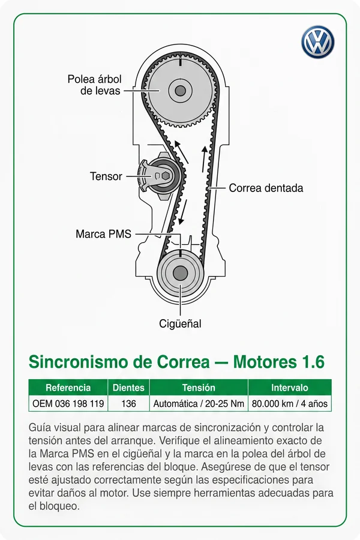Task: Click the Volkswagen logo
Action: point(317,41)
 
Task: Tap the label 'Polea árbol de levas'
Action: point(94,85)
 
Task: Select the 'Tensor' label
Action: point(106,176)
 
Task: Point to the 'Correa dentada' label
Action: point(266,188)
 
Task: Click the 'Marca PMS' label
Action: point(103,234)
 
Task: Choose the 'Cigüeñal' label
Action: point(180,324)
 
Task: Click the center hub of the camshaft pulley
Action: point(180,91)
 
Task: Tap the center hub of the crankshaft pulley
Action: point(180,274)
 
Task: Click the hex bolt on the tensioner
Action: point(166,176)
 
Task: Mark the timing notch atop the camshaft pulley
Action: point(180,62)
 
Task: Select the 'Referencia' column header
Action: point(68,388)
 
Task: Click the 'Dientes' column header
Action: point(128,388)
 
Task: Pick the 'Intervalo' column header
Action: point(290,388)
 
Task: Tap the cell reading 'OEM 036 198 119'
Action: point(68,403)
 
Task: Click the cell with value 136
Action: point(128,403)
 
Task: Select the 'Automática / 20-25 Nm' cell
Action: point(199,403)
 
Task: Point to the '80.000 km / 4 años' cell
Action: point(290,403)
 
